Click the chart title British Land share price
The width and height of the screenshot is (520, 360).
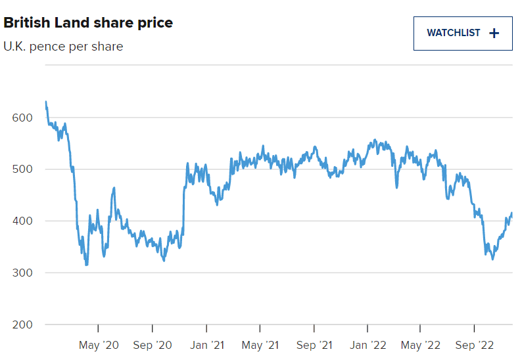tap(88, 23)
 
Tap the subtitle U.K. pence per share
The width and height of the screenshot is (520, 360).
tap(63, 47)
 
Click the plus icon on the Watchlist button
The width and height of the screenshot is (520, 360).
tap(495, 33)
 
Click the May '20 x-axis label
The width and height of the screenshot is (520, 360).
tap(99, 345)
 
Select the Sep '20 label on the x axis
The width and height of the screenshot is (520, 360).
tap(153, 345)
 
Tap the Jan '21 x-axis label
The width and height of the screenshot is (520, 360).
tap(206, 345)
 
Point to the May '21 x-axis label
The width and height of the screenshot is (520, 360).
tap(260, 345)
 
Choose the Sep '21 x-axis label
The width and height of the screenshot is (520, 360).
tap(314, 345)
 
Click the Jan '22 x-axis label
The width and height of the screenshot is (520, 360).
tap(367, 345)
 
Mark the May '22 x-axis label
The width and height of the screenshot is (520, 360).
tap(421, 345)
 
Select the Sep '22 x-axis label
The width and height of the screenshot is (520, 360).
tap(475, 345)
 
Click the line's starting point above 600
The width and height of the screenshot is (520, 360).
tap(45, 102)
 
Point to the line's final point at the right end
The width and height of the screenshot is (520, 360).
tap(511, 214)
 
